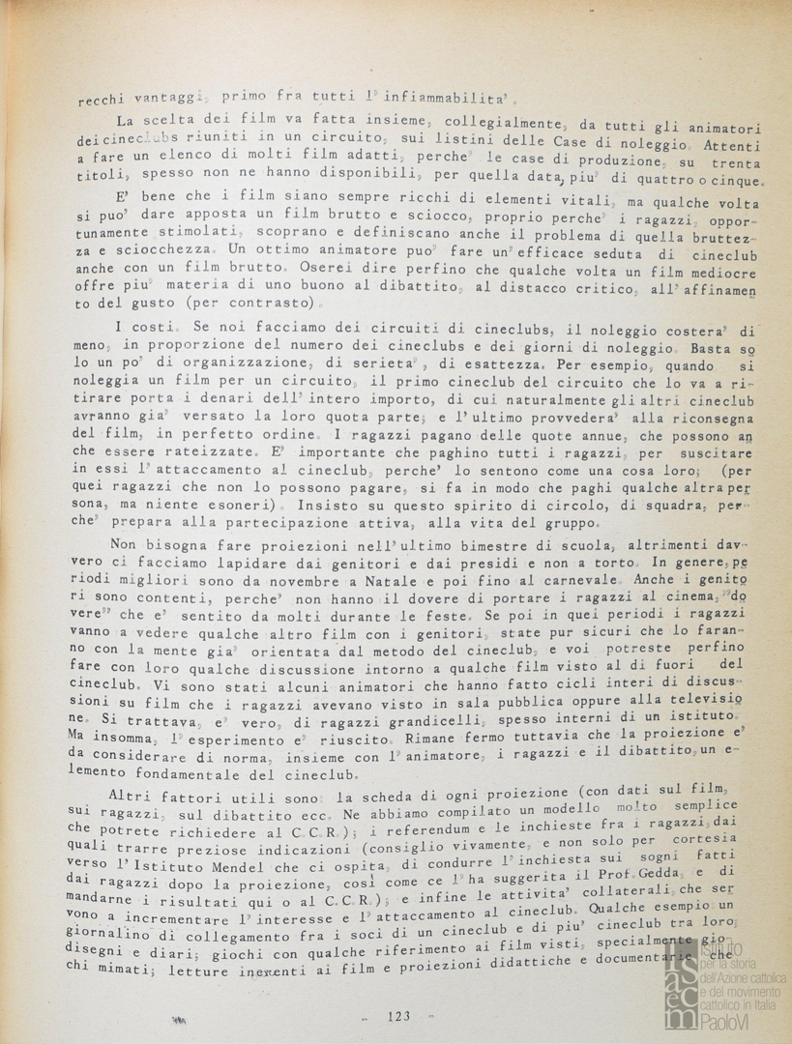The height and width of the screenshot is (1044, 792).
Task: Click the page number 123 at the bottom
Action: pyautogui.click(x=398, y=1015)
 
